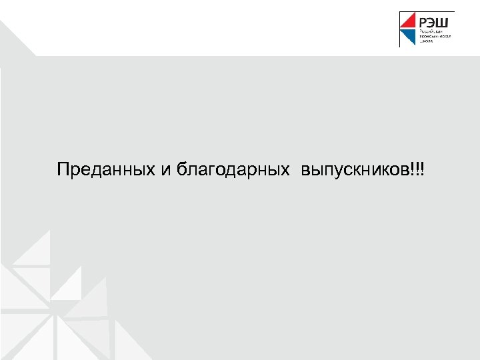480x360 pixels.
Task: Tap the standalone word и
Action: [x=166, y=171]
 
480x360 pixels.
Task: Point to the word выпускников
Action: [x=356, y=171]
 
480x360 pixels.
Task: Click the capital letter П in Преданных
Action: [x=62, y=169]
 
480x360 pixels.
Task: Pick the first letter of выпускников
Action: [x=305, y=171]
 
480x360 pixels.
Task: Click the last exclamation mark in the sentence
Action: [x=422, y=169]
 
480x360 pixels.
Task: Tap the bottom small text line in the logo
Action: [x=427, y=41]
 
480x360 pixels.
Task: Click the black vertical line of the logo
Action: [x=400, y=29]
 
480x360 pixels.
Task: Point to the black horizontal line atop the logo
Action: [x=427, y=11]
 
